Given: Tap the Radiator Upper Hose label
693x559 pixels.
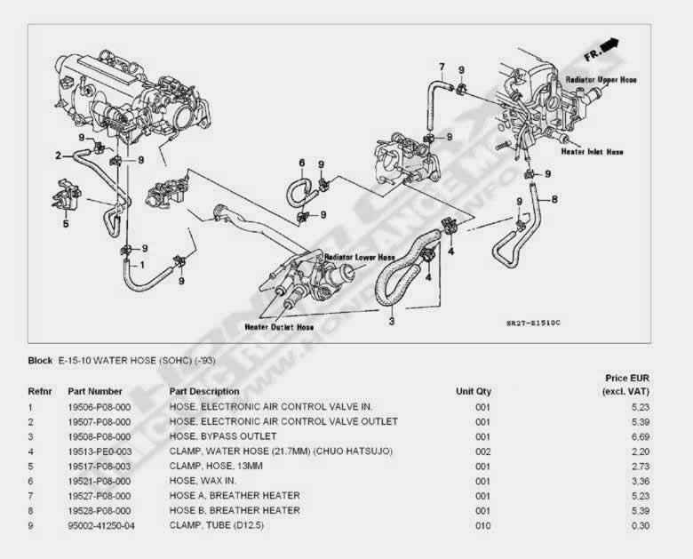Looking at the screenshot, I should (601, 80).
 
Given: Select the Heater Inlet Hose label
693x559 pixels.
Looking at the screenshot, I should (592, 152).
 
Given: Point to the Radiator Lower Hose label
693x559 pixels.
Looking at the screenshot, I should (359, 257).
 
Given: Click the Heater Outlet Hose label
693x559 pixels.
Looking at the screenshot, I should (279, 327).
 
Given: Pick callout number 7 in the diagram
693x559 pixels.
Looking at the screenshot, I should (441, 67).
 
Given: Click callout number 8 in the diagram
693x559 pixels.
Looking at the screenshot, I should (554, 199).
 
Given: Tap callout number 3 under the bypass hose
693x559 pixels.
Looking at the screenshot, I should (391, 321).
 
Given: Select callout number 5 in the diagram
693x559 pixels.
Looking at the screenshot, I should (65, 224).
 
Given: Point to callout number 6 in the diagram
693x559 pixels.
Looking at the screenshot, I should (301, 163).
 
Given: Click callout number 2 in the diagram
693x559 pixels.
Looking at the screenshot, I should (58, 155).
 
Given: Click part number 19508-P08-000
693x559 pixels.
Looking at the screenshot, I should (100, 436).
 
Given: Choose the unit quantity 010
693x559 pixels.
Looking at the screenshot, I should (482, 526).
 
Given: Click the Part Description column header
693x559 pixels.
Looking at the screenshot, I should (203, 391).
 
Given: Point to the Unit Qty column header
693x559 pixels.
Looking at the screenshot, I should (474, 391).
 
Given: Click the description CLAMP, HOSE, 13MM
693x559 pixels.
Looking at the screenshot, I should (217, 466).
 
